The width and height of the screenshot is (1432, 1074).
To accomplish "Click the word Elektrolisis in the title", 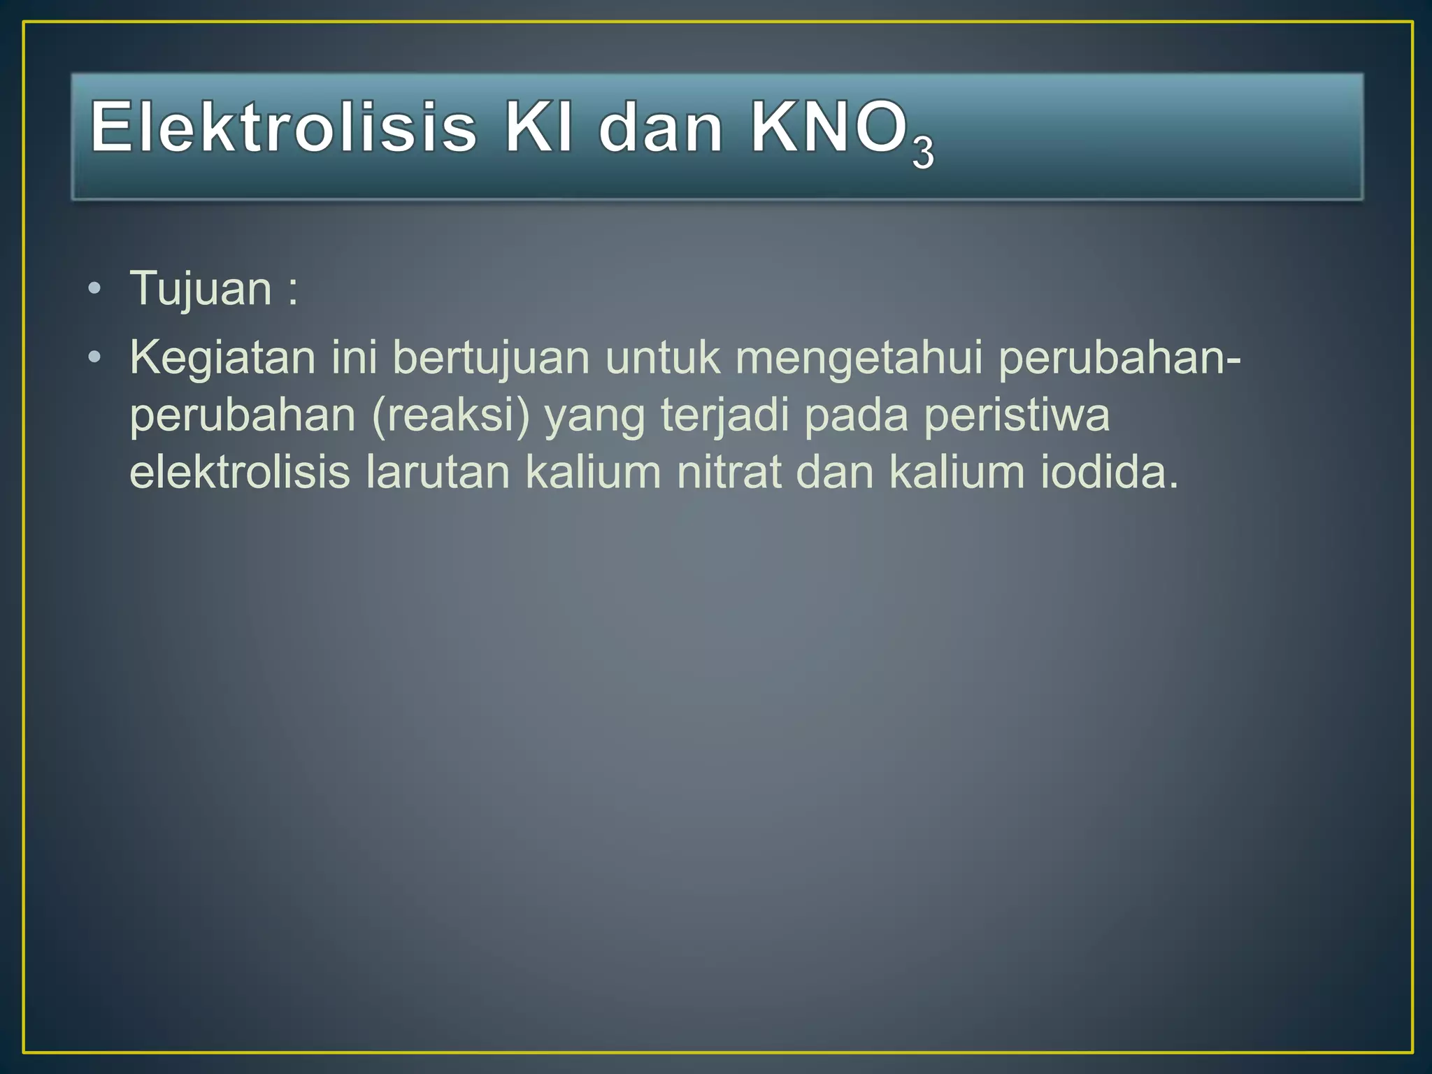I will point(284,127).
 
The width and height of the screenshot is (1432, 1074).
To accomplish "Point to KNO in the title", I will point(828,127).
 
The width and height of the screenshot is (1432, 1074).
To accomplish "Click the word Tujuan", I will point(201,288).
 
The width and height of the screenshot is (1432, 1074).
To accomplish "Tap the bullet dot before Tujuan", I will point(95,289).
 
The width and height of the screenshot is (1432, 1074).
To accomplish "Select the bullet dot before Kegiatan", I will point(95,358).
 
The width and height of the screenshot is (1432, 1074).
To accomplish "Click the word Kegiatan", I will point(222,357).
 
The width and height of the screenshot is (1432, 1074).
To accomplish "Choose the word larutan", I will point(438,472).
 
